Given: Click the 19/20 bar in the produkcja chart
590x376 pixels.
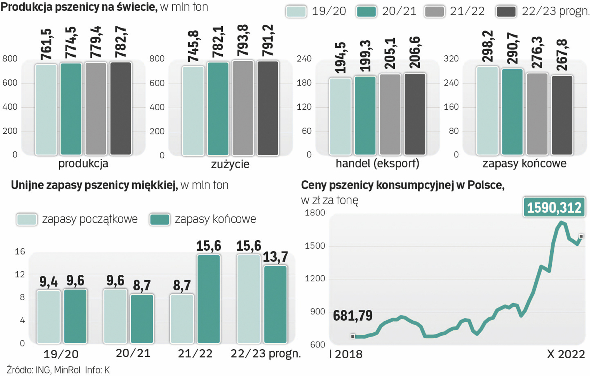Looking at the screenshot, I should (46, 109).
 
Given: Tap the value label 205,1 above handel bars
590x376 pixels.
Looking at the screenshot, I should (390, 53).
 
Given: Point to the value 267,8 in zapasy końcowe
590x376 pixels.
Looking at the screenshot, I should (562, 55).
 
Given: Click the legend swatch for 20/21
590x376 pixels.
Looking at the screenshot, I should (366, 11).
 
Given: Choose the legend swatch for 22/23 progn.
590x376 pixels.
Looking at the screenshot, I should (506, 11).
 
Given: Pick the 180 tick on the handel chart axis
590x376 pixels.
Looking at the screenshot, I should (304, 83).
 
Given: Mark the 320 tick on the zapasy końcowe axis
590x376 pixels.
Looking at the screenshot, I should (451, 58).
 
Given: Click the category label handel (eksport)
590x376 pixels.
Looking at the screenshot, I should (377, 164).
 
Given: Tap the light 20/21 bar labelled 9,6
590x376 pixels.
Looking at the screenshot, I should (115, 316).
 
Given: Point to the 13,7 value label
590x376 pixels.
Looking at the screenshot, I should (275, 257).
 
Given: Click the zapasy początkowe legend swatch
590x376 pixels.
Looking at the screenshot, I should (27, 219).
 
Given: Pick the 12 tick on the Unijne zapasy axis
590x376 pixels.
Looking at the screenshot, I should (20, 274).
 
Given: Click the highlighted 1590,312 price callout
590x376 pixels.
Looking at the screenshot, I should (554, 207).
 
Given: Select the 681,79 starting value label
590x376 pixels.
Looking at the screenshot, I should (353, 316).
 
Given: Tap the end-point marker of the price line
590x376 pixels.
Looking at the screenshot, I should (581, 236).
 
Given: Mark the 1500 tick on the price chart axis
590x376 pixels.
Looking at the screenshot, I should (315, 246).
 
